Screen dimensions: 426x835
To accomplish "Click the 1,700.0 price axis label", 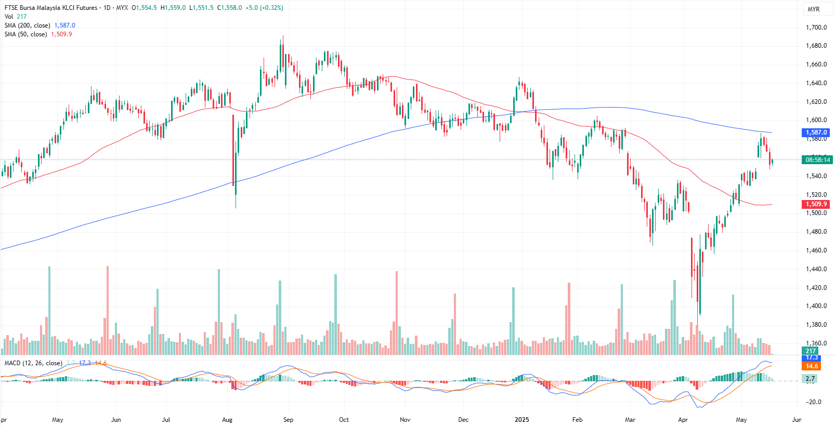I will coord(816,28).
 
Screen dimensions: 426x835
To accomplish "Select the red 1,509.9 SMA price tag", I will coord(816,204).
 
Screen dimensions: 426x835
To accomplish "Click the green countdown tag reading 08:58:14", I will coord(817,160).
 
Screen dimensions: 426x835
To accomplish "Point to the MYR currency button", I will coord(814,9).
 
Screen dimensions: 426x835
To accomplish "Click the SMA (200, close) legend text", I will coord(28,25).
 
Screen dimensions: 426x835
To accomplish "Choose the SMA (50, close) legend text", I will coord(26,34).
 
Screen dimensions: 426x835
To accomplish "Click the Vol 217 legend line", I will coord(16,17).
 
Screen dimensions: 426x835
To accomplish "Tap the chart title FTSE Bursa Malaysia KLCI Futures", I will coord(51,8).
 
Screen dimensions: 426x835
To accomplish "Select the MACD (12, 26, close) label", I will coord(33,363).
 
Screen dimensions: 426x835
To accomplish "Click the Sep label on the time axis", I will coord(288,420).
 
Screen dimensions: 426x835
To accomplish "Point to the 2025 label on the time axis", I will coord(521,420).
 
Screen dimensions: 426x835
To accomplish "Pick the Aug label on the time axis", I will coord(227,420).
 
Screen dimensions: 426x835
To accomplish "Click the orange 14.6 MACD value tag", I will coord(812,366).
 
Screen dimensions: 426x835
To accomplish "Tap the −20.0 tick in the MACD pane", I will coord(814,402).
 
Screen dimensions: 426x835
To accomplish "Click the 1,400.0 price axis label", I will coord(816,306).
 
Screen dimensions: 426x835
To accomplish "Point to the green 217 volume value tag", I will coord(811,351).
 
